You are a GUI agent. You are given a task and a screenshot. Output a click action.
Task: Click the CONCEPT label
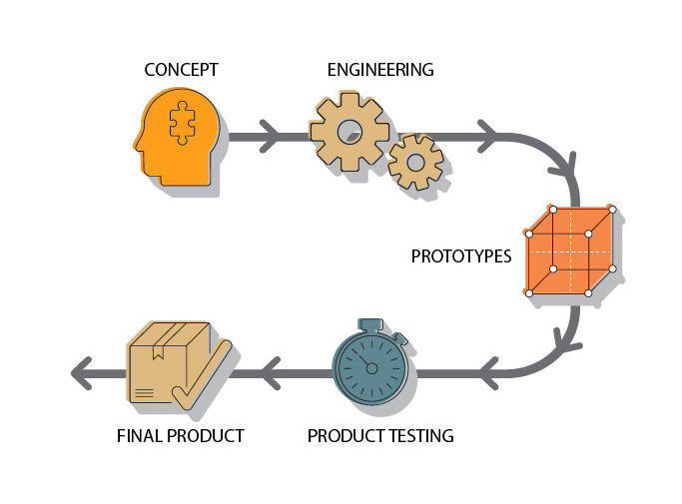pos(181,70)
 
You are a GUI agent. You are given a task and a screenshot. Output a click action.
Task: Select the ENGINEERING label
pos(380,70)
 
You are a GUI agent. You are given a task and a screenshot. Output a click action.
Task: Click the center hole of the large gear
pos(348,131)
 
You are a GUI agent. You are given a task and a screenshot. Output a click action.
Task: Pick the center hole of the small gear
pos(414,162)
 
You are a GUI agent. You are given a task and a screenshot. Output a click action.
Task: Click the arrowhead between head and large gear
pos(268,136)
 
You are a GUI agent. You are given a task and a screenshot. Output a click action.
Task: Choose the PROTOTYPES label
pos(460,256)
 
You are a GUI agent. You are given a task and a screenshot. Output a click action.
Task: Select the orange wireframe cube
pos(569,252)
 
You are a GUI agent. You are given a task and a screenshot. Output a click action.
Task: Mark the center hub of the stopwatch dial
pos(371,368)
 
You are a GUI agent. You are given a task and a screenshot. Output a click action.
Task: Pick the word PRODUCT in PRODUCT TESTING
pos(341,436)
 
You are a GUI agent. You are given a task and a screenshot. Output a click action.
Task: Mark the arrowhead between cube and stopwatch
pos(489,374)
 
